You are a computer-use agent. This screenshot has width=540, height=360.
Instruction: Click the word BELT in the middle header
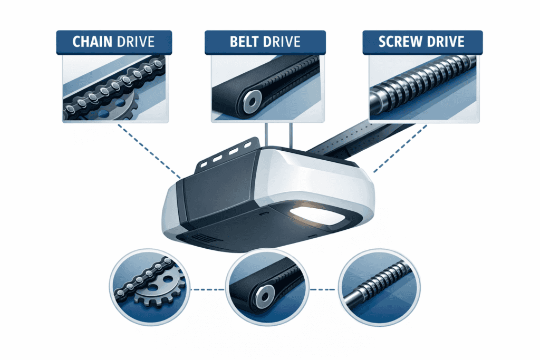coord(243,43)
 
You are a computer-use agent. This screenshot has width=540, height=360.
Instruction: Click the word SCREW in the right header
coord(399,43)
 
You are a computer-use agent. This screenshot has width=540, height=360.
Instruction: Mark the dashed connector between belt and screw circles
coord(322,289)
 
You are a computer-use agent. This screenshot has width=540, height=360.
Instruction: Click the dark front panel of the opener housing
coord(214,198)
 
